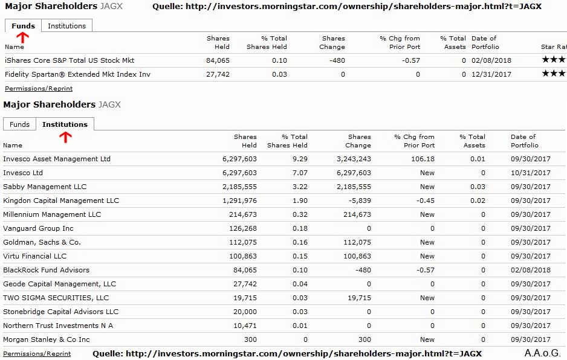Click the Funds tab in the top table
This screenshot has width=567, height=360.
[23, 26]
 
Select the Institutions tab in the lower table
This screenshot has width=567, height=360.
[65, 124]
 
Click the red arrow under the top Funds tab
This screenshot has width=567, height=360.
[22, 37]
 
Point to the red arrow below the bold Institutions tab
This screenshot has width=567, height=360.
[65, 137]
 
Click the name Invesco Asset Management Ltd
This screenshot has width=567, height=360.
[57, 159]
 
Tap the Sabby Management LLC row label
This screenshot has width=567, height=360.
[45, 187]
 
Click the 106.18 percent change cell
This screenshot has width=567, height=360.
[422, 159]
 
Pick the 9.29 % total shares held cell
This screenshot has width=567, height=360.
[299, 159]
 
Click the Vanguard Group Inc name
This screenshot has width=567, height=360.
[38, 228]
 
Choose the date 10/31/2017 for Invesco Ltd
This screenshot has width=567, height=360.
[530, 173]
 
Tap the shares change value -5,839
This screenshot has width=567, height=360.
[358, 201]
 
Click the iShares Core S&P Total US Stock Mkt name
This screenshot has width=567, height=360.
[70, 60]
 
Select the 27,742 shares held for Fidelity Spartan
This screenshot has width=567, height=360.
[218, 74]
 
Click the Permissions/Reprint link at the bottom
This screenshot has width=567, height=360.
[37, 354]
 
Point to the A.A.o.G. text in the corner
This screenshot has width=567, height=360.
[542, 353]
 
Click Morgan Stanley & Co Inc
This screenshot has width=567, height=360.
[47, 339]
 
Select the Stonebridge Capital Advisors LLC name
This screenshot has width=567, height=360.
[60, 312]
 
